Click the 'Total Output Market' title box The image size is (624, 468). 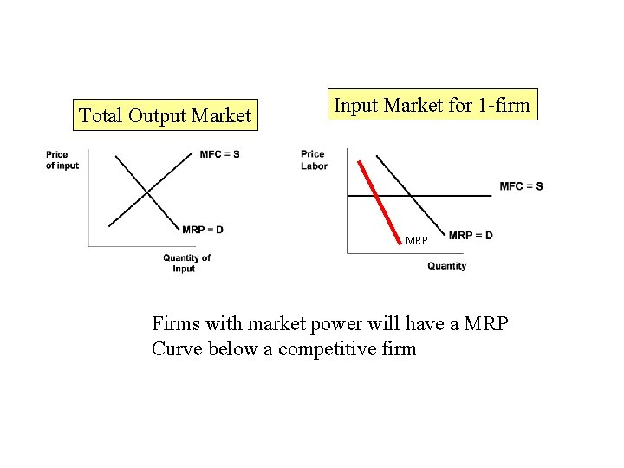pos(165,114)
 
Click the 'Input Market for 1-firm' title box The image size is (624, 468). pos(432,105)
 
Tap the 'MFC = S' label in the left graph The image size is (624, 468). pos(219,154)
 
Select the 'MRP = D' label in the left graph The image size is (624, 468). pos(203,230)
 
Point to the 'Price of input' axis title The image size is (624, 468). pos(62,160)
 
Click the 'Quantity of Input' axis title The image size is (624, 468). pos(186,263)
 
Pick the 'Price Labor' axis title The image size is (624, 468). pos(314,160)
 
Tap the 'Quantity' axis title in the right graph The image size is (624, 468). pos(446,266)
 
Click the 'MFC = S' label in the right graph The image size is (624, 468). pos(521,186)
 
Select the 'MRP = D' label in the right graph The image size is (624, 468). pos(471,236)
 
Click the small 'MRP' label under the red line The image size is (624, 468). pos(416,241)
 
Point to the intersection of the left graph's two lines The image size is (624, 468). pos(146,192)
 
